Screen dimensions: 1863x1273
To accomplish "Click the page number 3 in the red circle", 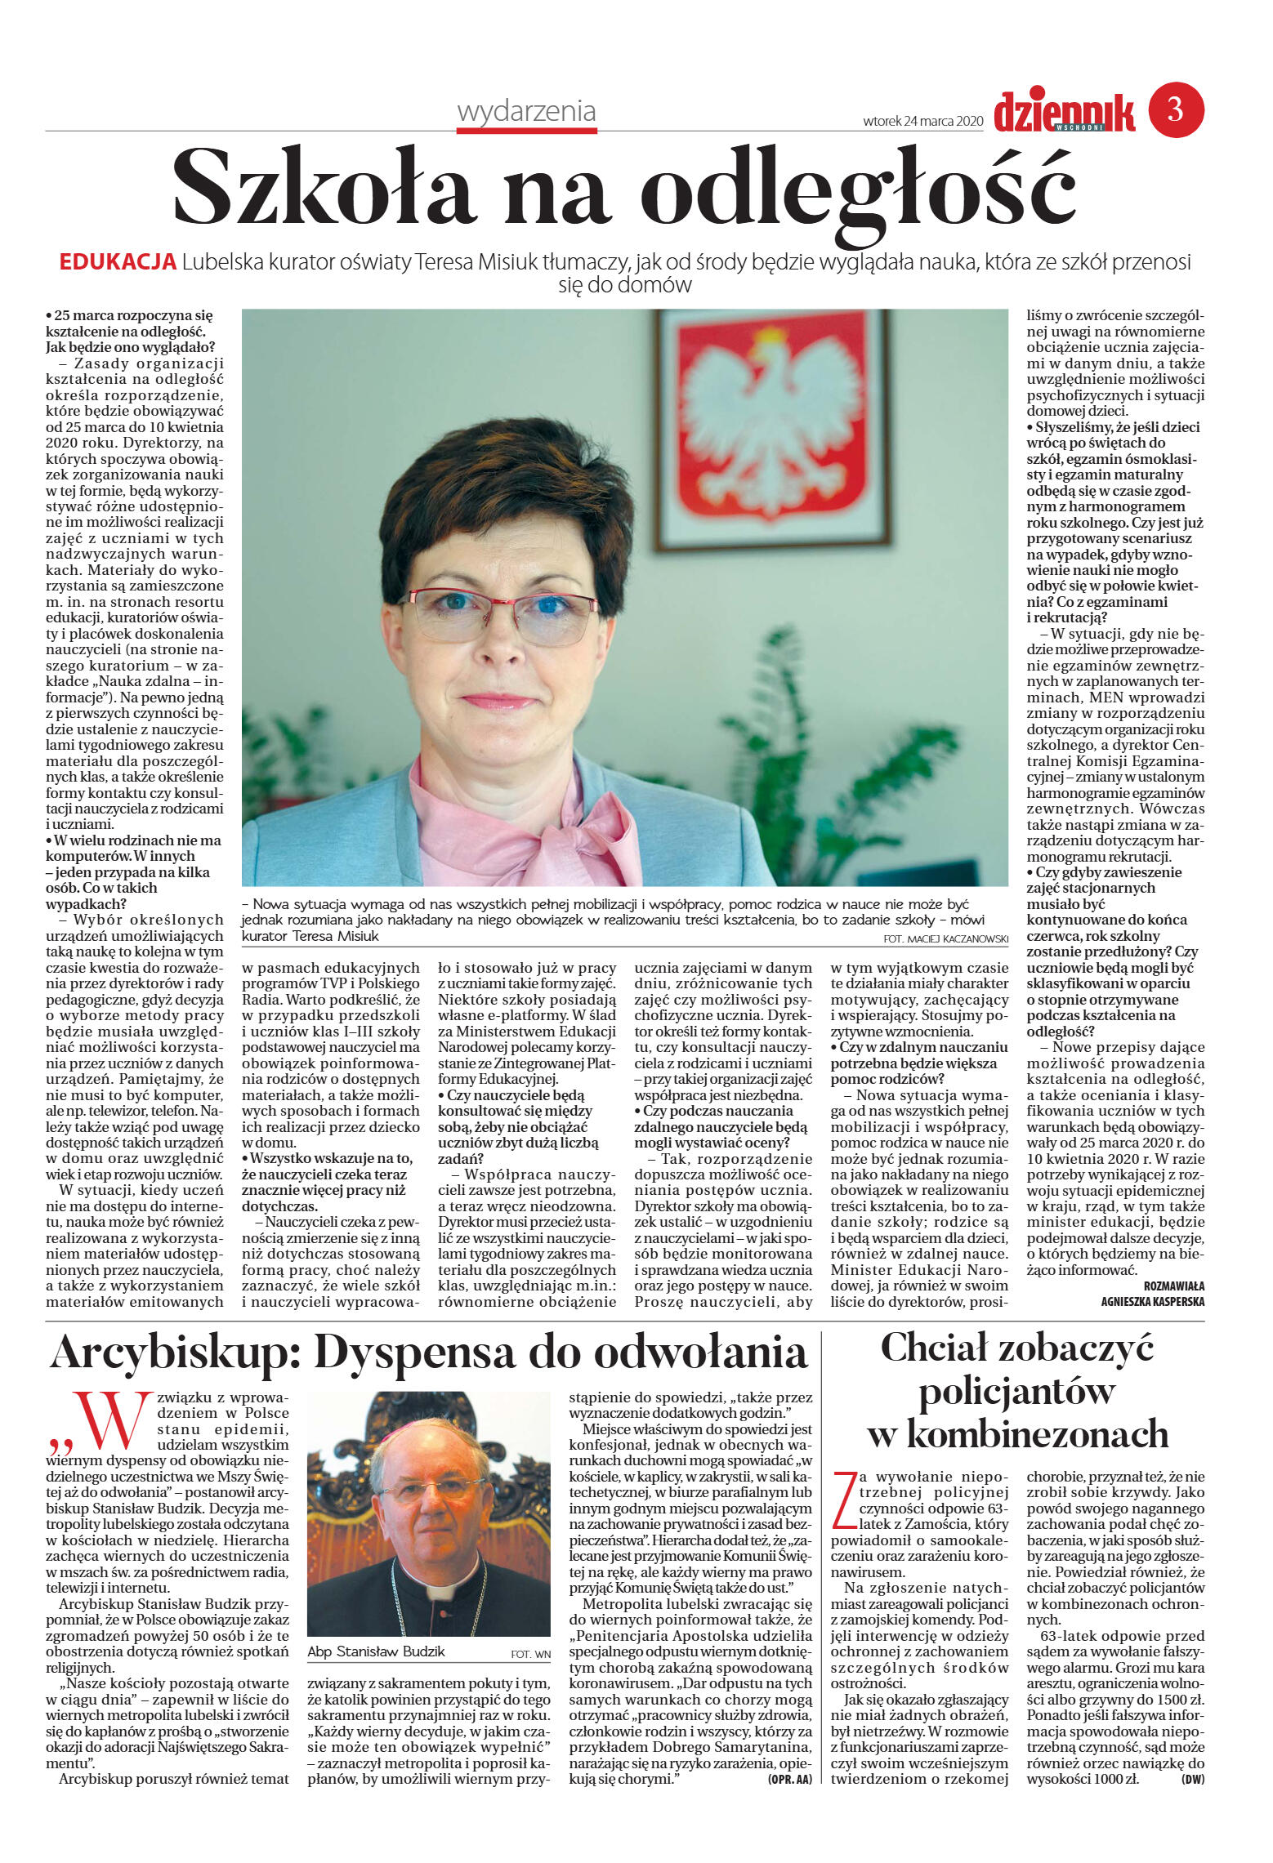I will [1176, 109].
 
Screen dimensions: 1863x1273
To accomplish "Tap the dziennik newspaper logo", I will [1064, 113].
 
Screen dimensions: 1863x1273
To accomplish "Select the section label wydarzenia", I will [526, 111].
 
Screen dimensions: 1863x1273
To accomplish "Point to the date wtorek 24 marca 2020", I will [922, 121].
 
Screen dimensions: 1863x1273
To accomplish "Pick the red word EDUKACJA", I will [118, 262].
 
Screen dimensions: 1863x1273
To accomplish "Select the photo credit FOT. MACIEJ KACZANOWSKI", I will [945, 939].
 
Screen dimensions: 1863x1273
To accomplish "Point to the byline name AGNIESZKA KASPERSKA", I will [1152, 1302].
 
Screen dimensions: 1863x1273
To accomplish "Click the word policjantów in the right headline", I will [1016, 1393].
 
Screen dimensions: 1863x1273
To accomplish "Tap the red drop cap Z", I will [844, 1500].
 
